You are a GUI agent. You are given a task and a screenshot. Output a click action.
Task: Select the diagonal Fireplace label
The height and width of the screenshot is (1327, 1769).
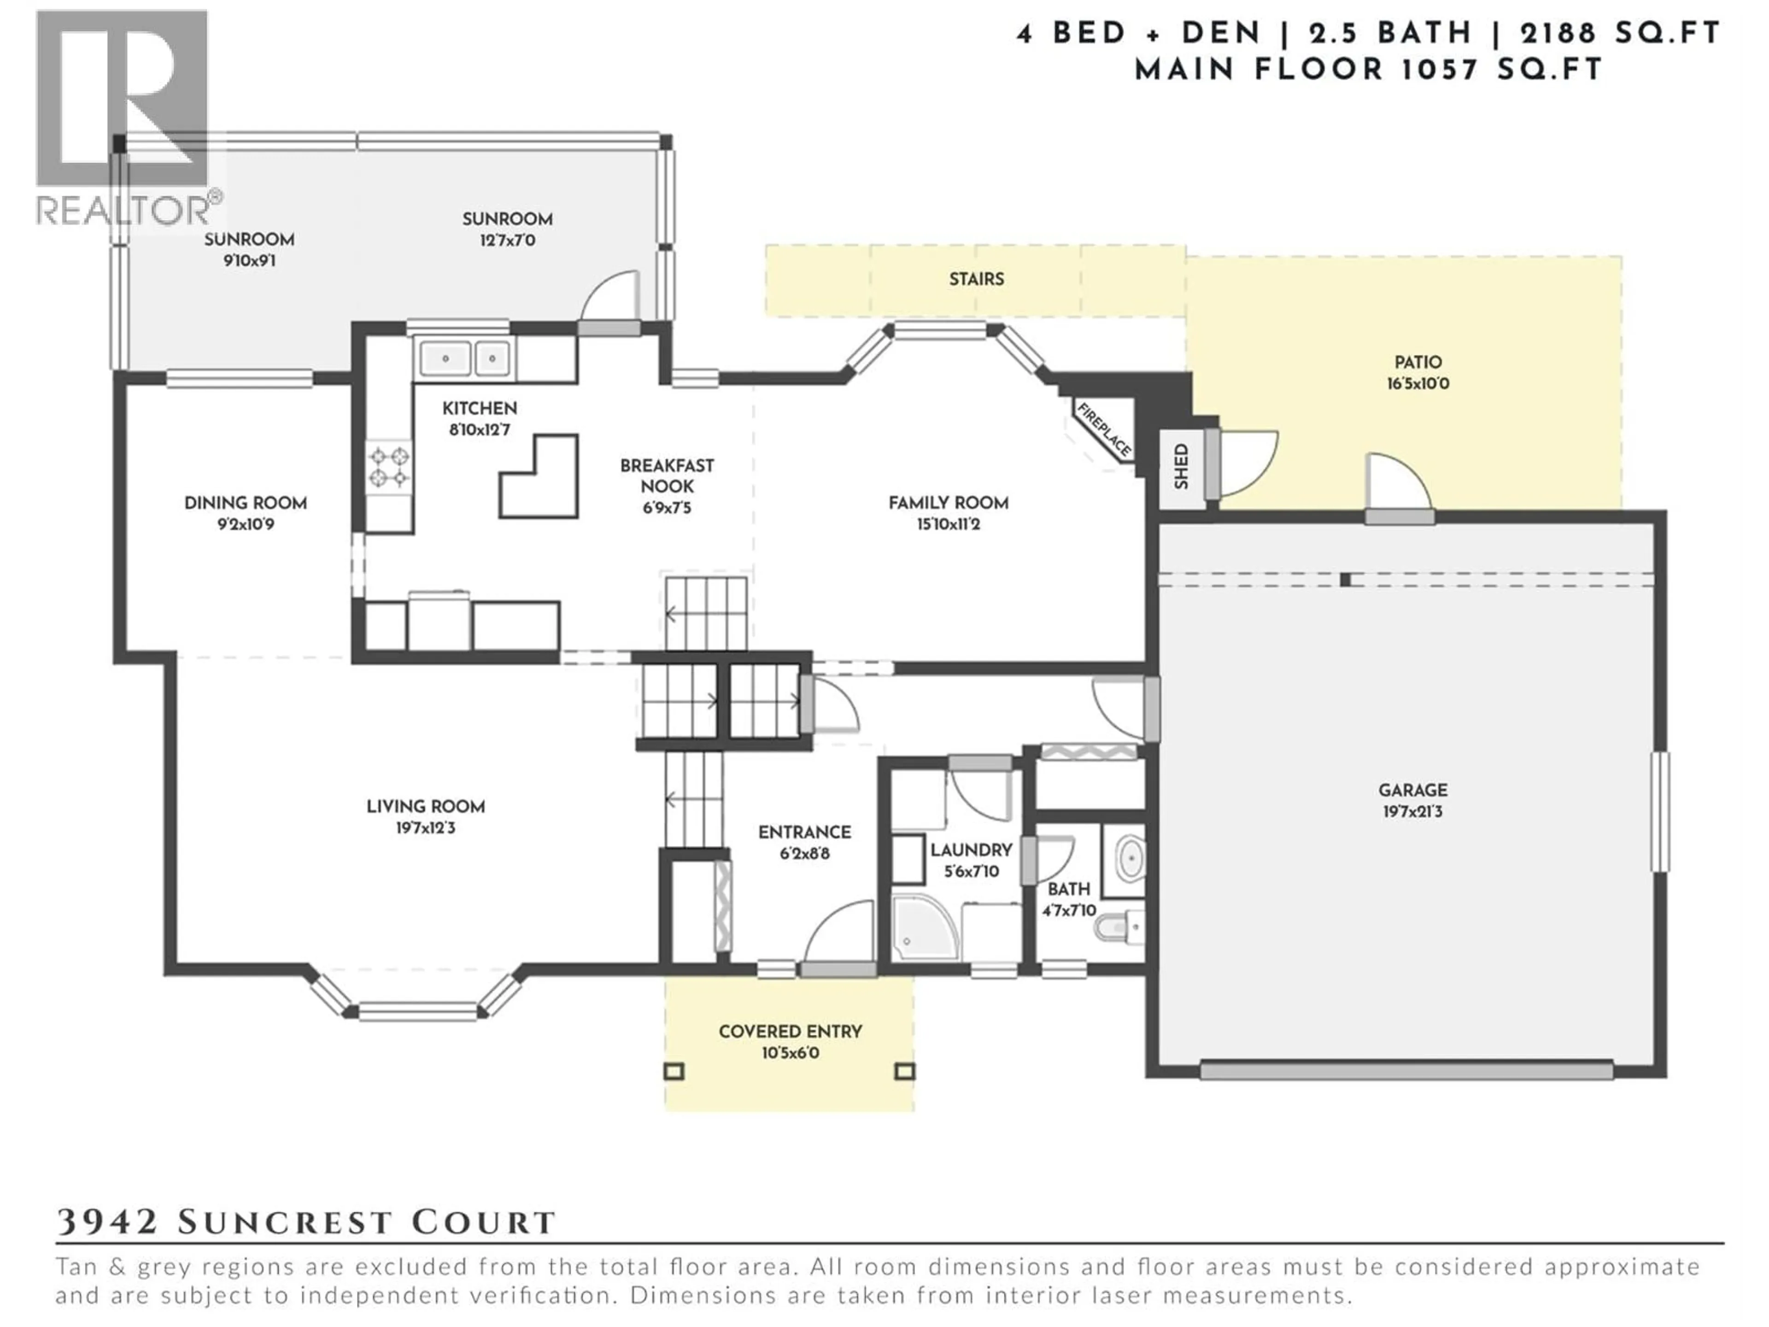[1104, 430]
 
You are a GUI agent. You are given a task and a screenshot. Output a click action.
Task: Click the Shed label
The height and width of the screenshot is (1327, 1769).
[1181, 467]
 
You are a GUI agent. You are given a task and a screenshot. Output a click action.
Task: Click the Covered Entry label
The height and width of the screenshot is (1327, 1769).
[790, 1032]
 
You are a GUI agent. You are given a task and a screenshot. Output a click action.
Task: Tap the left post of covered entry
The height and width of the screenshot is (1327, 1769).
[674, 1071]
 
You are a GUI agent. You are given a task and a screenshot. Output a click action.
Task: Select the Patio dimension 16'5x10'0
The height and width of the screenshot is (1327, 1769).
[1418, 384]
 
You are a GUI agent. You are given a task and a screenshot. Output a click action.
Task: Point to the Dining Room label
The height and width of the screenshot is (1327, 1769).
[246, 503]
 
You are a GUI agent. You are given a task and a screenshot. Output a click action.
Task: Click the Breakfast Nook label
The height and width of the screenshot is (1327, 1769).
[667, 476]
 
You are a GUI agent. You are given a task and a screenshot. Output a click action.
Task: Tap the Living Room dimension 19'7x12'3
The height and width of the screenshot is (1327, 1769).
[426, 828]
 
